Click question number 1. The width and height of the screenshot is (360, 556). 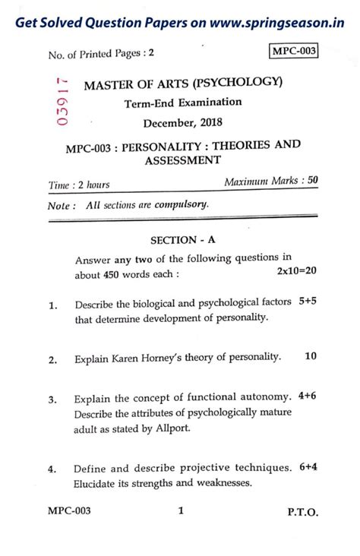pos(52,306)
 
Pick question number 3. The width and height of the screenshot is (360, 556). pos(52,400)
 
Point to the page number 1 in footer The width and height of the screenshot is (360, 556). pos(181,512)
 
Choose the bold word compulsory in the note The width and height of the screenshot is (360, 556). pos(181,204)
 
